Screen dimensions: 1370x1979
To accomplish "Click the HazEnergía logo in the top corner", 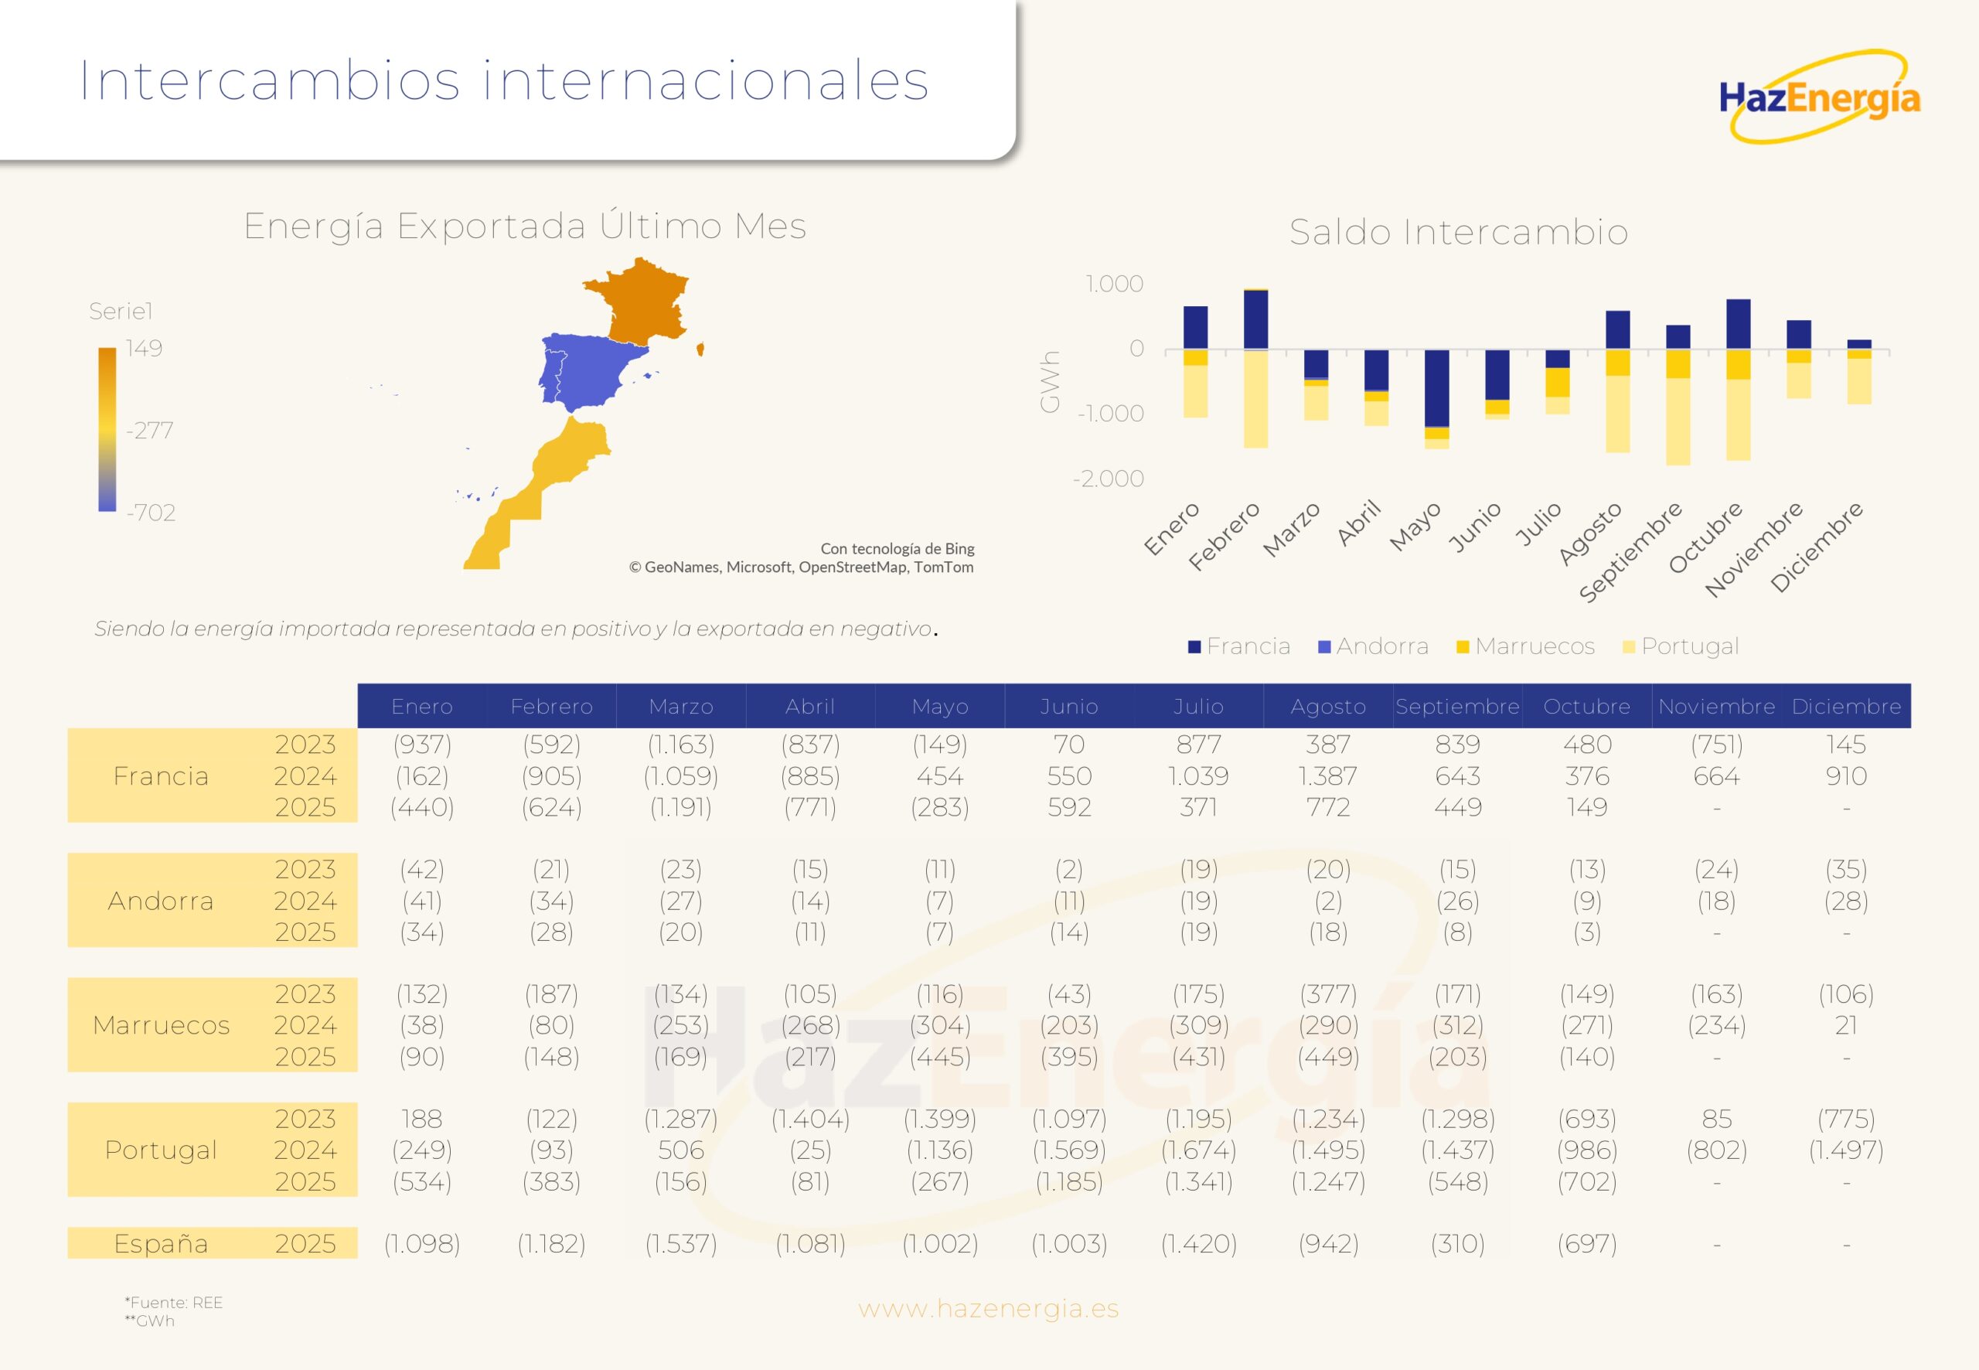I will [1820, 97].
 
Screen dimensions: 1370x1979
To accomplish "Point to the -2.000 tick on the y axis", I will [1108, 479].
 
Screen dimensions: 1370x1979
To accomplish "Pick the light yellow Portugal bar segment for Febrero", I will [1255, 399].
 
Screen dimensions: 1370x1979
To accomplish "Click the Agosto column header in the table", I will [1327, 707].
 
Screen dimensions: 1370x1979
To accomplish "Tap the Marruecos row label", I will [162, 1025].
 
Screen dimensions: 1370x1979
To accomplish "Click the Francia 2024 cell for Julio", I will [1198, 776].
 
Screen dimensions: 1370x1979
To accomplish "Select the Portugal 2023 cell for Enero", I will [421, 1119].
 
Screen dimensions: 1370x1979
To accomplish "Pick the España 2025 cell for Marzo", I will [680, 1244].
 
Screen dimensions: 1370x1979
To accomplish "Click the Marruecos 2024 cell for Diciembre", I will [1845, 1025].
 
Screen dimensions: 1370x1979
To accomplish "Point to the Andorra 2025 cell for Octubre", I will [1587, 932].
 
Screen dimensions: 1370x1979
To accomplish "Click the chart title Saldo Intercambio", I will [1458, 233].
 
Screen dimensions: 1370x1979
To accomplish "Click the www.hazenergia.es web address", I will [988, 1309].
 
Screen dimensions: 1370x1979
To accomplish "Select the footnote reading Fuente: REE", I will [176, 1302].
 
